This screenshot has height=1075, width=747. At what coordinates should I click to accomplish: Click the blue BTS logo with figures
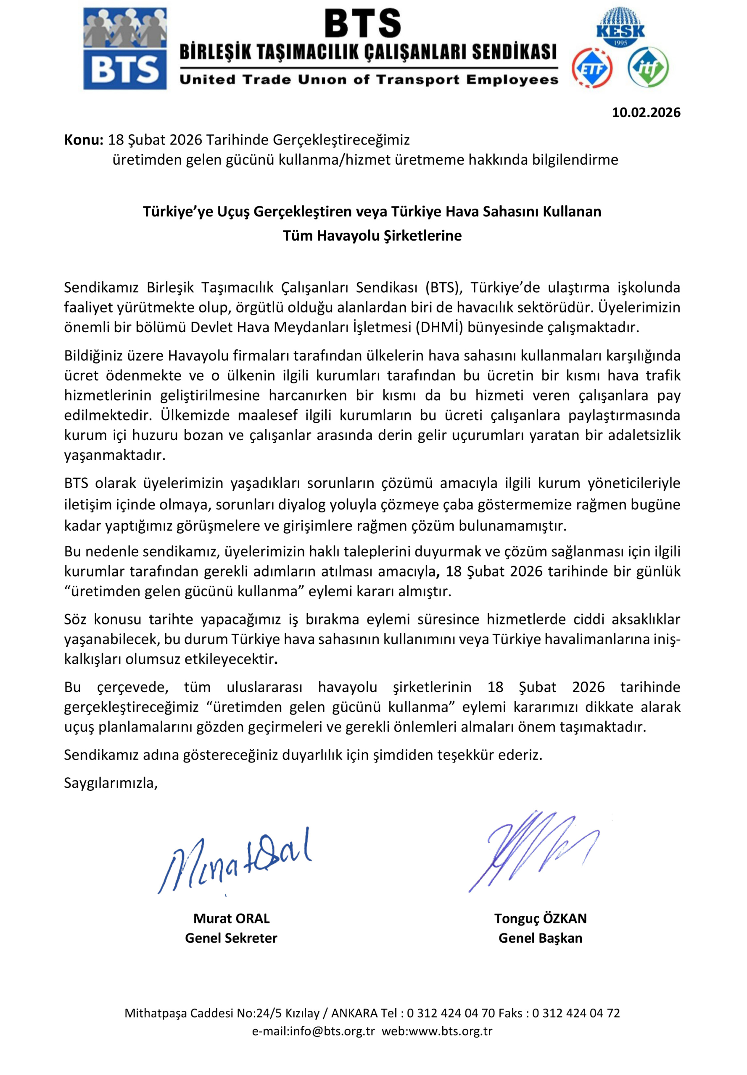(x=125, y=49)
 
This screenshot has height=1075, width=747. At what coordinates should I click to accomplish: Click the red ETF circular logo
(x=592, y=68)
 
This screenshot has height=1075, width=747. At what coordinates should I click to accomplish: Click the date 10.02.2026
(x=646, y=113)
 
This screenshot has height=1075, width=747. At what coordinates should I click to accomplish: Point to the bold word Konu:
(x=83, y=140)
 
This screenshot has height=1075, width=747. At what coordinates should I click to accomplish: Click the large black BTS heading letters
(x=363, y=24)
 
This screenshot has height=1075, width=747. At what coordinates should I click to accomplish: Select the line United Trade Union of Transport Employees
(x=369, y=79)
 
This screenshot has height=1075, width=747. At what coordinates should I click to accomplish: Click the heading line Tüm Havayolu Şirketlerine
(x=372, y=236)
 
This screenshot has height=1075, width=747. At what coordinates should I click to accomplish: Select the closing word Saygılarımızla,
(x=111, y=783)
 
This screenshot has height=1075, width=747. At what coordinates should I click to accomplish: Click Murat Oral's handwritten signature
(x=234, y=861)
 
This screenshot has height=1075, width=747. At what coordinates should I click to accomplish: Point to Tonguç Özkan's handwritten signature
(x=533, y=851)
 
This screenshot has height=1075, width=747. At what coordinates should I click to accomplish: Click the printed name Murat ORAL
(x=231, y=918)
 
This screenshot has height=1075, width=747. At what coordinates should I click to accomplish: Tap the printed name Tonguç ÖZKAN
(x=540, y=918)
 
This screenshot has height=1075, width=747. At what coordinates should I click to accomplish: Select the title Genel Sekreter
(x=231, y=938)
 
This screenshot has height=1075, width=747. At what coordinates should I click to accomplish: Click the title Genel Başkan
(x=540, y=938)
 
